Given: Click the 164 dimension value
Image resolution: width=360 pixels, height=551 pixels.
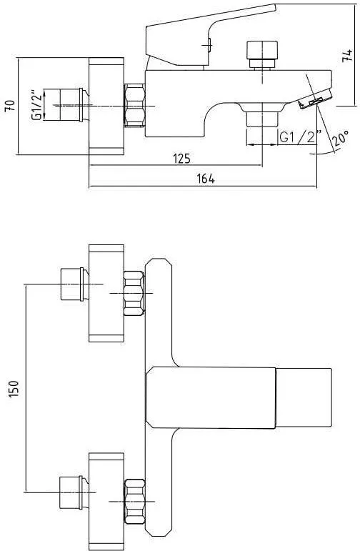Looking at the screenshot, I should (205, 179).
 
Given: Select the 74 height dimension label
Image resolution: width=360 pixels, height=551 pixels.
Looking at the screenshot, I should (346, 55).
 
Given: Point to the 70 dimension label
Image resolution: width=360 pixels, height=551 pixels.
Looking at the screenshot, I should (9, 106).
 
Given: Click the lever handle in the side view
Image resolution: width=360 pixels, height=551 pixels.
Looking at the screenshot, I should (207, 36).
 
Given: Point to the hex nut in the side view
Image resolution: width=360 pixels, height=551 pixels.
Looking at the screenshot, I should (134, 106).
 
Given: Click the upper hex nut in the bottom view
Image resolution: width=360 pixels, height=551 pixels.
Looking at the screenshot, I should (134, 293).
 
